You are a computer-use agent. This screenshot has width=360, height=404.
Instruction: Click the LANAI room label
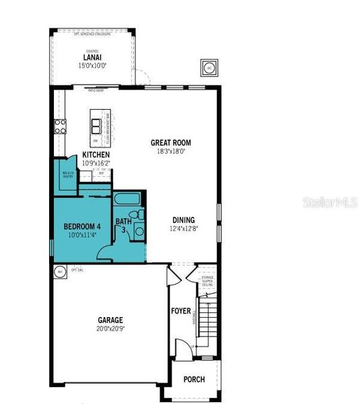93,57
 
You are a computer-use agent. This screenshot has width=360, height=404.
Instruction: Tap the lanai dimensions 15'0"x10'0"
93,65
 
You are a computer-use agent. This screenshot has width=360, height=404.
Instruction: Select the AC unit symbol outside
208,68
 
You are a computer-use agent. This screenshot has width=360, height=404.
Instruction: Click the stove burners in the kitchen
60,126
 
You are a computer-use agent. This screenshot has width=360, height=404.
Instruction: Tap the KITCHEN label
96,155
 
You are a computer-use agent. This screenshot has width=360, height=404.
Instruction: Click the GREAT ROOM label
170,142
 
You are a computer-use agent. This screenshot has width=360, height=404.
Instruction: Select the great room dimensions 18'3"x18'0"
170,151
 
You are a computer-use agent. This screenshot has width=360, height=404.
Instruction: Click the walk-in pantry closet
67,176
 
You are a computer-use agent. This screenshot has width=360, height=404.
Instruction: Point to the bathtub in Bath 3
126,200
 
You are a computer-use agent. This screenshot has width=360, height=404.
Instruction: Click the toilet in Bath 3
137,213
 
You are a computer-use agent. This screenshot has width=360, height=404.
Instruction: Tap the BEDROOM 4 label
82,226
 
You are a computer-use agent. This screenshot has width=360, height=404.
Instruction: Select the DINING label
183,220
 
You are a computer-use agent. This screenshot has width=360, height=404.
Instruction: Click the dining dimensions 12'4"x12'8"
183,229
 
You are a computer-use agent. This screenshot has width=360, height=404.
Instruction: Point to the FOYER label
180,311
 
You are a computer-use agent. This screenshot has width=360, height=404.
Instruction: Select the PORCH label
194,380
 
